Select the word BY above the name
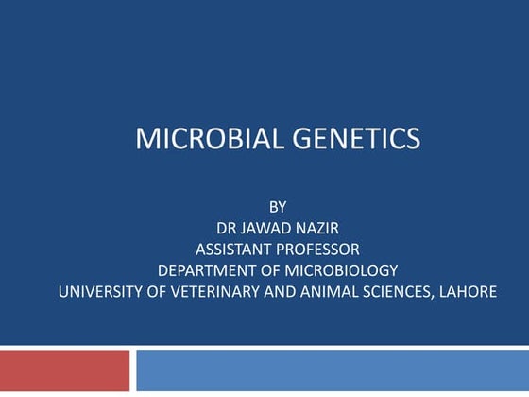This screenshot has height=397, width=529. click(x=277, y=205)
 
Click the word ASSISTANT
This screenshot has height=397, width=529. click(x=236, y=249)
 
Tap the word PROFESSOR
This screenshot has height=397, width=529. click(x=320, y=249)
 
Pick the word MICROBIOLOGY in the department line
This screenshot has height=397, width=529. click(x=342, y=270)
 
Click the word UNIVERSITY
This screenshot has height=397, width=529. click(x=104, y=292)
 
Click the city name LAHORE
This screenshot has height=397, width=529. click(x=468, y=292)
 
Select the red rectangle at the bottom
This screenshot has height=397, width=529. click(x=64, y=371)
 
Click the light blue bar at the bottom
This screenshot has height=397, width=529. click(x=332, y=371)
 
